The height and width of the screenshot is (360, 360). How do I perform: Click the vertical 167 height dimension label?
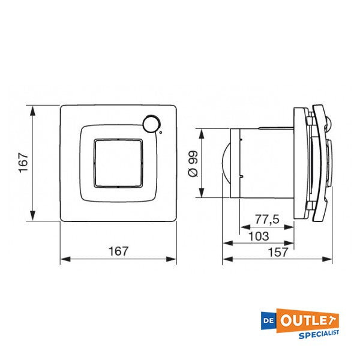[23, 163]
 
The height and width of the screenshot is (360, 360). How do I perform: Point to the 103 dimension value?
[258, 236]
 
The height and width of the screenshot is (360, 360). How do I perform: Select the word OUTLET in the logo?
[310, 319]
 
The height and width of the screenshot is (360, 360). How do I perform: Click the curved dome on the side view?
[227, 163]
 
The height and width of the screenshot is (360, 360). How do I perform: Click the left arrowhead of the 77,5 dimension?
[243, 227]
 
